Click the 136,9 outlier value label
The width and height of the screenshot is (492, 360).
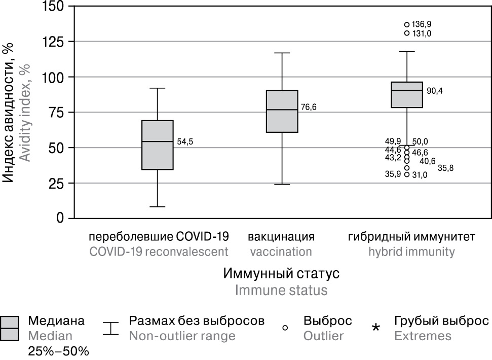point(422,24)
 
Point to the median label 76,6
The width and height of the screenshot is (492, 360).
point(309,107)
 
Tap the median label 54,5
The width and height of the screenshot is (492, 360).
point(185,142)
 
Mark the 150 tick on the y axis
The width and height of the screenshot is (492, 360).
point(58,6)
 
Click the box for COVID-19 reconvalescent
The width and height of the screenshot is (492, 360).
point(157,145)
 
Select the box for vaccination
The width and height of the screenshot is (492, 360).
point(282,111)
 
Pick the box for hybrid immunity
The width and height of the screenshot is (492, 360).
point(407,95)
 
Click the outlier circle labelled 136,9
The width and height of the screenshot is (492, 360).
point(407,24)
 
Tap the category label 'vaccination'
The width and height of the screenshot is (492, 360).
point(281,252)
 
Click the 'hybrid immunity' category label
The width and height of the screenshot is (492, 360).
point(411,252)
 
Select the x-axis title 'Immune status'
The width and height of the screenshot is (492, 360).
point(281,290)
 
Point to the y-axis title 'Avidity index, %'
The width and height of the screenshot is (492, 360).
point(24,112)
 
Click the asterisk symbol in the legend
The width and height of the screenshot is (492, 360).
point(375,329)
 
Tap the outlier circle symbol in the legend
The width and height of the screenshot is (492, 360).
point(285,328)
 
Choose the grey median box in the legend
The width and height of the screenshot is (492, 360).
point(10,328)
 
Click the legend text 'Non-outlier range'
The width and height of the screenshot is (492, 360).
point(182,336)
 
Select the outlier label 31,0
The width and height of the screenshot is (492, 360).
point(420,175)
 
